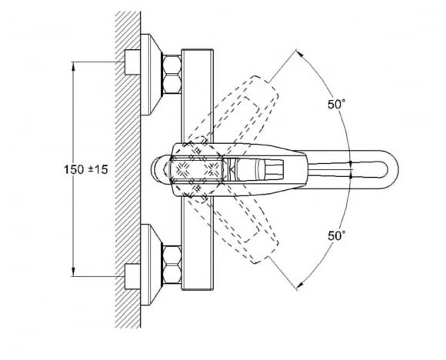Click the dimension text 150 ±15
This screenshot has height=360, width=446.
[x=86, y=169]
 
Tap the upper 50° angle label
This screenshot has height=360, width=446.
[x=337, y=104]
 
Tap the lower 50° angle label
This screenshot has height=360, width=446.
[x=337, y=235]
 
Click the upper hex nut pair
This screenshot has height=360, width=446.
[x=171, y=75]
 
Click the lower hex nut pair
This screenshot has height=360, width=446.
[x=171, y=265]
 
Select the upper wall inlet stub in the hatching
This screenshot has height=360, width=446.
[x=132, y=62]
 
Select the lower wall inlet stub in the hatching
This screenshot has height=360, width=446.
[x=132, y=277]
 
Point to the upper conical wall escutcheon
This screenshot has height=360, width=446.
[x=151, y=75]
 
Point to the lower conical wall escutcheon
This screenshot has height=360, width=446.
[x=151, y=265]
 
